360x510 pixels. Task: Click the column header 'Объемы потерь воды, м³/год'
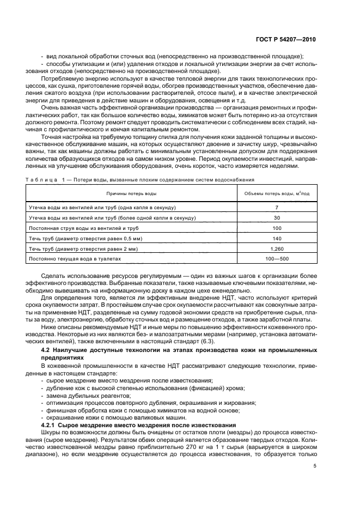pos(277,194)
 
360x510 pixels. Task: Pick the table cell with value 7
pos(277,208)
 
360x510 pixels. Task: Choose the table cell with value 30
pos(277,218)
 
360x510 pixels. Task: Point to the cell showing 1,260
pos(277,248)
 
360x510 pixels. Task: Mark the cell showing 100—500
pos(277,258)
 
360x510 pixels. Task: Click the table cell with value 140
pos(277,238)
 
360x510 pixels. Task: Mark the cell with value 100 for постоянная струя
pos(277,228)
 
